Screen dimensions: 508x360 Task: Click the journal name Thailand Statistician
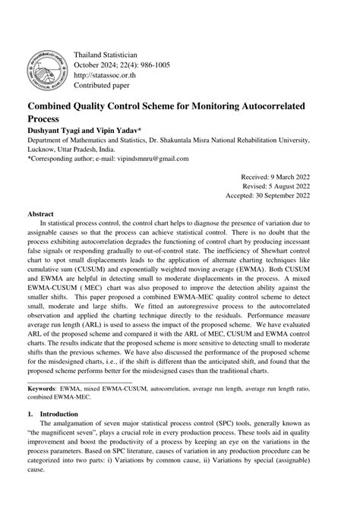(x=105, y=55)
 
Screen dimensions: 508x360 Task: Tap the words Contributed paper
(x=103, y=85)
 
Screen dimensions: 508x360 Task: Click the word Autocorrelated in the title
(x=255, y=107)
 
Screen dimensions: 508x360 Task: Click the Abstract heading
(x=43, y=215)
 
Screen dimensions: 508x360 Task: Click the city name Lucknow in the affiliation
(x=45, y=150)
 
